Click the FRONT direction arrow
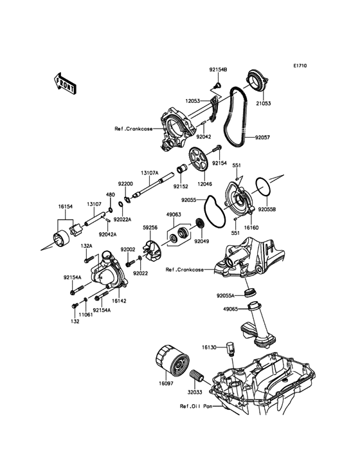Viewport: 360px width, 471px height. coord(64,83)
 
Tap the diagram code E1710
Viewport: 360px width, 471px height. coord(300,66)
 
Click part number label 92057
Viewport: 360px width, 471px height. coord(262,138)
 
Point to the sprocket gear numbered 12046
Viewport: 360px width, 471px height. coord(198,158)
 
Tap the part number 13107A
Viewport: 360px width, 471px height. coord(149,173)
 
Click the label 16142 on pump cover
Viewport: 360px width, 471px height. coord(120,301)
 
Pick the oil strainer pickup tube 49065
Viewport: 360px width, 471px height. coord(257,326)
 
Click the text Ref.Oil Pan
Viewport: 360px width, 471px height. coord(196,406)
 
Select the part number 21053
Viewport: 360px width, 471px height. coord(263,104)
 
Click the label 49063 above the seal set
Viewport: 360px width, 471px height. coord(174,214)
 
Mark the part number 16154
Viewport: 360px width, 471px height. coord(65,207)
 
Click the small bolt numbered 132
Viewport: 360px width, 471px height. coord(75,306)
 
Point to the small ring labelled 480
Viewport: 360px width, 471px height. coord(110,209)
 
